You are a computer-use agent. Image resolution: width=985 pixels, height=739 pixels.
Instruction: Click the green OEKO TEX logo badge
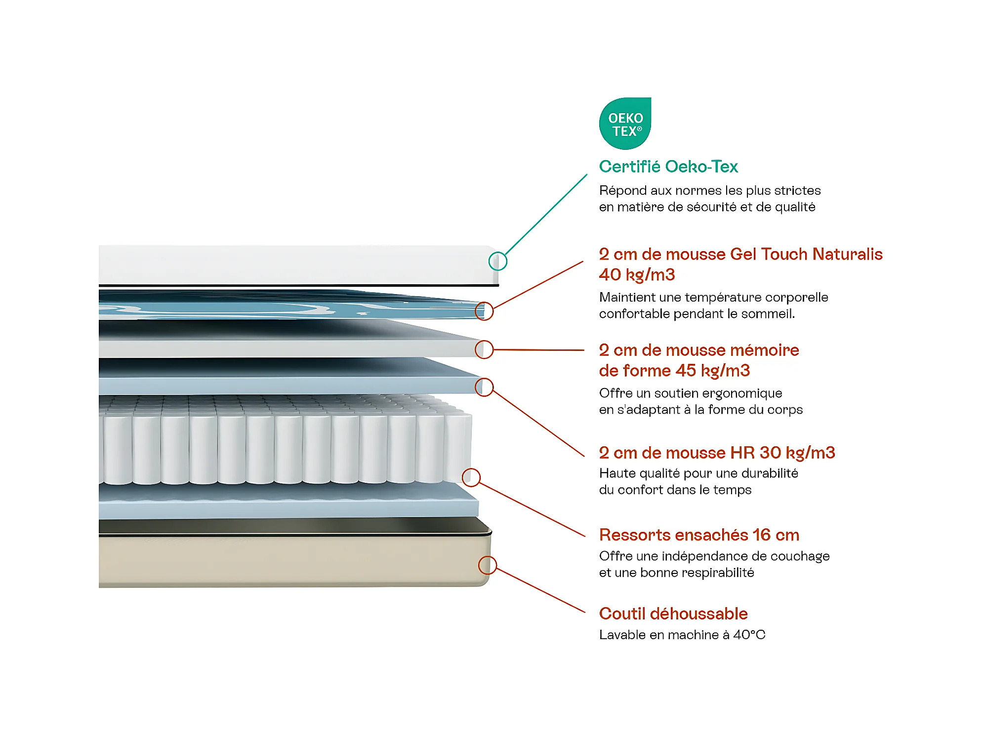pyautogui.click(x=625, y=123)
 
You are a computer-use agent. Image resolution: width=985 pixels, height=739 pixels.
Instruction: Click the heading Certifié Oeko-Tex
pyautogui.click(x=668, y=167)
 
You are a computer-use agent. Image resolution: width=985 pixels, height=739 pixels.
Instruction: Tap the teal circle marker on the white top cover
pyautogui.click(x=497, y=261)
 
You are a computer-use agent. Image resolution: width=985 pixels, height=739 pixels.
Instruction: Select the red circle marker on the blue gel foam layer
pyautogui.click(x=484, y=311)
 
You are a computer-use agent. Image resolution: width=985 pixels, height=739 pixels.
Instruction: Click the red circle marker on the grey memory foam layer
pyautogui.click(x=484, y=349)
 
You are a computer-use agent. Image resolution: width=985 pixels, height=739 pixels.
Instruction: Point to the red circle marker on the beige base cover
pyautogui.click(x=488, y=565)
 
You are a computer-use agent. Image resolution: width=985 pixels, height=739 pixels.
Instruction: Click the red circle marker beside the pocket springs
pyautogui.click(x=471, y=477)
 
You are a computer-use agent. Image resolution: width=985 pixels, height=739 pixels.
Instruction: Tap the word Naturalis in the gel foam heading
pyautogui.click(x=847, y=254)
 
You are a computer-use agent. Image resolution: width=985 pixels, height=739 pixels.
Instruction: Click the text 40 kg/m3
pyautogui.click(x=637, y=275)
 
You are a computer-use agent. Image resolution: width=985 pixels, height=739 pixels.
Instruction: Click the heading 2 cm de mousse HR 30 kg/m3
pyautogui.click(x=717, y=453)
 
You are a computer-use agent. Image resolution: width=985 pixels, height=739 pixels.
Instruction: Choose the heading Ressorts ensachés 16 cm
pyautogui.click(x=699, y=535)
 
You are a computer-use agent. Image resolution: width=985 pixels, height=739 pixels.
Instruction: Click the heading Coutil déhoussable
pyautogui.click(x=673, y=613)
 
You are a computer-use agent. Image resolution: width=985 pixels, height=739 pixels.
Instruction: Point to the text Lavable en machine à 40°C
pyautogui.click(x=682, y=635)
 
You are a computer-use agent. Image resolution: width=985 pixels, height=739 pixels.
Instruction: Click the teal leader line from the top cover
pyautogui.click(x=546, y=215)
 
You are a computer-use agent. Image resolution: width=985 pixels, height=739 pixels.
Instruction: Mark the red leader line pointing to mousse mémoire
pyautogui.click(x=539, y=349)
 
